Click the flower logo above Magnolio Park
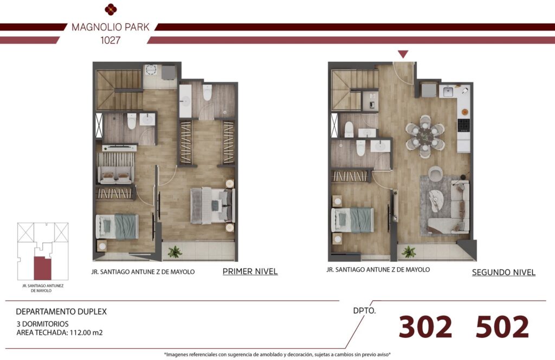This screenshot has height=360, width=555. point(111,10)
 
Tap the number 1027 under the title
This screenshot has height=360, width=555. point(111,40)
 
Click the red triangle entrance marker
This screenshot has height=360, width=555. point(403,54)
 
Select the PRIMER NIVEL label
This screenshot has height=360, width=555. point(250,272)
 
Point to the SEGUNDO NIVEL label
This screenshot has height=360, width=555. point(504,272)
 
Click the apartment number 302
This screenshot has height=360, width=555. point(425,326)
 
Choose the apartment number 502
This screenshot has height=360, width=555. point(502,326)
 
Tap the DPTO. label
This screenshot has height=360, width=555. point(365,311)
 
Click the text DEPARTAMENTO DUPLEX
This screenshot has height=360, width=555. point(61,312)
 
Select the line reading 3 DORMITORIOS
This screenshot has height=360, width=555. point(42,324)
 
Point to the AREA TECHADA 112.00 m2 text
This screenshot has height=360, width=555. point(60,332)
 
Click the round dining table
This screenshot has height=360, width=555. point(425,136)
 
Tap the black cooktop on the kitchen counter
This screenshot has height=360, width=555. point(464,125)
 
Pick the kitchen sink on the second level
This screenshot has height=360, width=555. point(448,92)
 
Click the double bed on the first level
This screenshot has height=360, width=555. point(212,205)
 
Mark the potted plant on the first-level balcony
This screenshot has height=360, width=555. point(175,252)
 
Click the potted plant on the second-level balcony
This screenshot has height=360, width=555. point(409,252)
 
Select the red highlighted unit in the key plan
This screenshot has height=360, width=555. point(42,268)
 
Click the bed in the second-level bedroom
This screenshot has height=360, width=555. point(352,220)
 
